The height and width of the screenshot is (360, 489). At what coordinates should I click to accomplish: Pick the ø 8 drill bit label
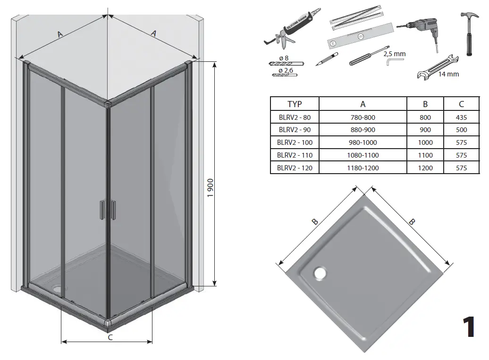283,58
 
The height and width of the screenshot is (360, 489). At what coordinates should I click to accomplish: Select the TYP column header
295,104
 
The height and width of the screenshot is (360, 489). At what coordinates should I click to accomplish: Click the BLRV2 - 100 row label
295,142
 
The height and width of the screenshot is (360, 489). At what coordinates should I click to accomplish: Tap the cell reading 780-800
363,117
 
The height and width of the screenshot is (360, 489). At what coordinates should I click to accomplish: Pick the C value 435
461,117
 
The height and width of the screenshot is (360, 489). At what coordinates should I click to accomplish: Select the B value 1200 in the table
425,167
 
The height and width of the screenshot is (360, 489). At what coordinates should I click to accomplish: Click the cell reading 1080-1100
363,155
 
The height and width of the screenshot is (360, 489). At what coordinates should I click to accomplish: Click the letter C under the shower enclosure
110,337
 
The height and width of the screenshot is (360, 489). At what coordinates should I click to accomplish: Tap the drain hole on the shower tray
320,272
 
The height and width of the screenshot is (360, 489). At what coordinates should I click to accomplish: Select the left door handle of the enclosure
102,210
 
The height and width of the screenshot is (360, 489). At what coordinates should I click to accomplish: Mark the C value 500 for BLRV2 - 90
461,130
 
